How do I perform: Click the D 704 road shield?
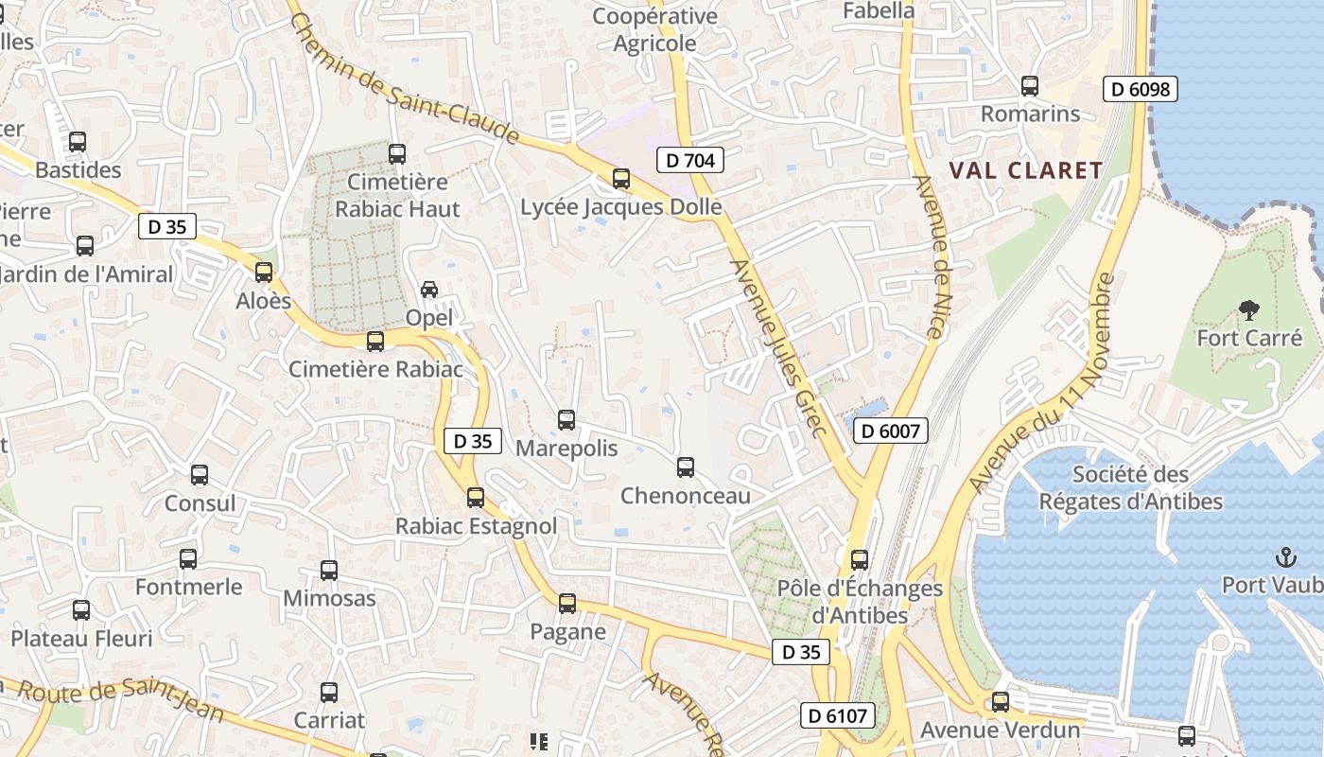click(690, 160)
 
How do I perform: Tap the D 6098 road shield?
click(1140, 90)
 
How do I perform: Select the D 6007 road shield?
click(890, 431)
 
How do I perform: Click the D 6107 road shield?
click(838, 715)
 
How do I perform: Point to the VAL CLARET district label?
click(1026, 170)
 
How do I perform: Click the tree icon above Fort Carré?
click(1249, 309)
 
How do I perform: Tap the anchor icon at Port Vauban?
click(1285, 556)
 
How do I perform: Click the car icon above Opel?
click(429, 290)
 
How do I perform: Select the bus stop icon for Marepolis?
click(566, 420)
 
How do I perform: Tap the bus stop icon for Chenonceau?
click(686, 467)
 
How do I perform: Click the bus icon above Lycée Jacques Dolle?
click(621, 179)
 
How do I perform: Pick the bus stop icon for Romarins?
click(1030, 86)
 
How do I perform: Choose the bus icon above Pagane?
click(567, 604)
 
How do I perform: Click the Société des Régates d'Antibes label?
click(1131, 488)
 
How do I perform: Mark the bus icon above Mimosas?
click(329, 571)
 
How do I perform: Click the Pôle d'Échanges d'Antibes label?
click(860, 601)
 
